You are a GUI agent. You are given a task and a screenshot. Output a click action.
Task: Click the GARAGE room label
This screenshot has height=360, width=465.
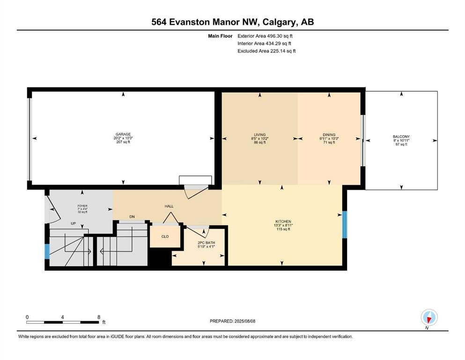click(x=123, y=135)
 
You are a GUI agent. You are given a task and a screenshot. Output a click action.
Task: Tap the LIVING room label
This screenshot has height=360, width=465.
click(x=260, y=135)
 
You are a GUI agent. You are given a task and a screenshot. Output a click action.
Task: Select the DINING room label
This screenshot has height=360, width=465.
click(x=329, y=135)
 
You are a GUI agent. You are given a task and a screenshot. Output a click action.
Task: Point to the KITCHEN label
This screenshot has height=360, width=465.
click(x=283, y=221)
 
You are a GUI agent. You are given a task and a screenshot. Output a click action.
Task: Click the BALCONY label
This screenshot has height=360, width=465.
click(x=401, y=137)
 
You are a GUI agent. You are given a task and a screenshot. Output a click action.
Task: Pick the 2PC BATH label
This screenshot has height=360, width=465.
click(x=206, y=243)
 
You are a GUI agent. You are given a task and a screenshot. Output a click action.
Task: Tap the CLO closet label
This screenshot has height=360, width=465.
click(x=165, y=237)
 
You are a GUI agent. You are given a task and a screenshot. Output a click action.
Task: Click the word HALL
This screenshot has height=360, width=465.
click(x=169, y=206)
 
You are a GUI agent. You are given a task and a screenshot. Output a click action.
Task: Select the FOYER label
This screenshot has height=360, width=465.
click(x=82, y=206)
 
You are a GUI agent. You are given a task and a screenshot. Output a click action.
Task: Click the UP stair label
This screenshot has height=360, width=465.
click(x=73, y=224)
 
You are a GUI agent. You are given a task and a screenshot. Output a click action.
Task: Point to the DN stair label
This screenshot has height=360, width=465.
click(x=132, y=217)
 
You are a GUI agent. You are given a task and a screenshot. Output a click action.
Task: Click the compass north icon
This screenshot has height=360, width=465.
click(x=429, y=317)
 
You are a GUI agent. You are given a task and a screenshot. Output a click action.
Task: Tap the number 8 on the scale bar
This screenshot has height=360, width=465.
click(x=99, y=317)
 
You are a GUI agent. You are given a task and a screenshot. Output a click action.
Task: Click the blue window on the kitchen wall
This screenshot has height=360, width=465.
click(x=345, y=225)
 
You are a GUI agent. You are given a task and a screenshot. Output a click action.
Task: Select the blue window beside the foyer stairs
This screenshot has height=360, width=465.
click(x=47, y=251)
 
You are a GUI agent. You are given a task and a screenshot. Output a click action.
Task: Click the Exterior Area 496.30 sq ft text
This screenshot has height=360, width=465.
click(x=265, y=36)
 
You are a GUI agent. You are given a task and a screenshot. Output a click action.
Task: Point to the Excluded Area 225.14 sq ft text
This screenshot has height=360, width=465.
click(x=266, y=51)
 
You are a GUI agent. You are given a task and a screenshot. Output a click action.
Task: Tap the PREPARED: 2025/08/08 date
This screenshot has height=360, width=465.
click(x=232, y=321)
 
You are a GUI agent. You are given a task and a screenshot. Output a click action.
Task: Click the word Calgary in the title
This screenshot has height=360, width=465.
click(x=280, y=22)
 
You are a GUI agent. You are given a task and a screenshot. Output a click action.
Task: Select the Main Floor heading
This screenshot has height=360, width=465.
click(x=220, y=36)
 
